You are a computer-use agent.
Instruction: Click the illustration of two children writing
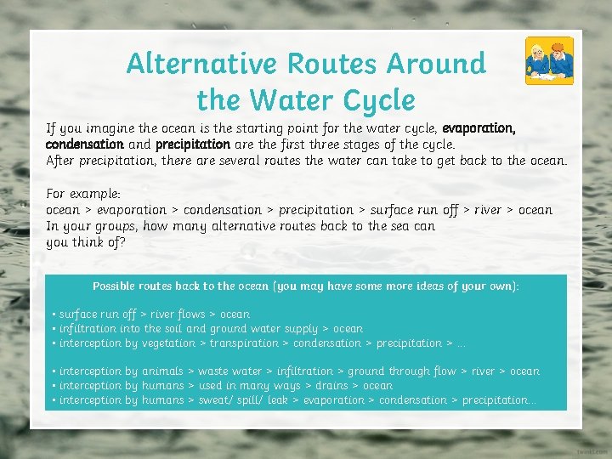click(x=548, y=60)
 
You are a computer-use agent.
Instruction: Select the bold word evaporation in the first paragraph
click(x=479, y=128)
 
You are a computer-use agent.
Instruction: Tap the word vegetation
click(x=167, y=343)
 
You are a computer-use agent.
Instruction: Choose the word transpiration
click(x=244, y=343)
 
